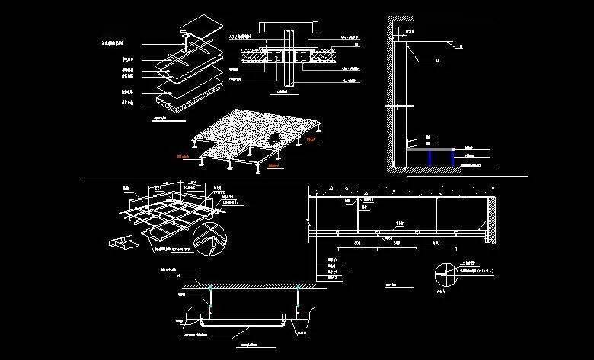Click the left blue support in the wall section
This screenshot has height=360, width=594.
tap(430, 158)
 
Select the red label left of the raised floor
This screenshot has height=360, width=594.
tap(183, 157)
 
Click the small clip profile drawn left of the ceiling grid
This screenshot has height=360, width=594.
tap(121, 243)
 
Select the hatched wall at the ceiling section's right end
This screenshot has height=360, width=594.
tap(493, 221)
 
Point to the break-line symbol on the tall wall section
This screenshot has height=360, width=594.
tap(394, 104)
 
